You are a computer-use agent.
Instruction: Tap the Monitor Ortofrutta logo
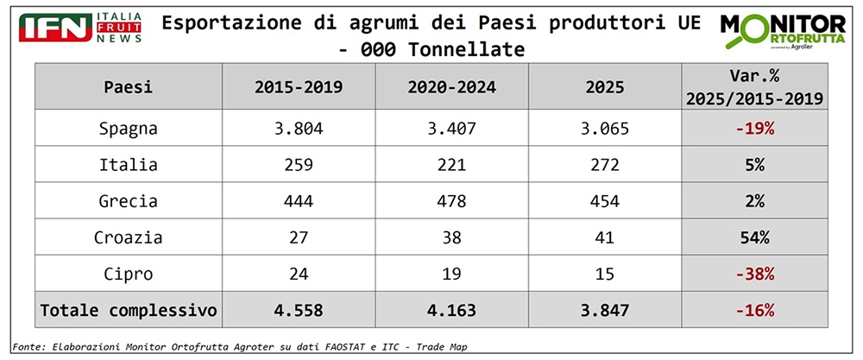pyautogui.click(x=784, y=34)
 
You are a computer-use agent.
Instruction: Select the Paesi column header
pyautogui.click(x=128, y=88)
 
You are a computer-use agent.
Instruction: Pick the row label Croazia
pyautogui.click(x=128, y=237)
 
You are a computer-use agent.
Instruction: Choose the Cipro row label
pyautogui.click(x=128, y=274)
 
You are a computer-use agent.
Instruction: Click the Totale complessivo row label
pyautogui.click(x=128, y=310)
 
